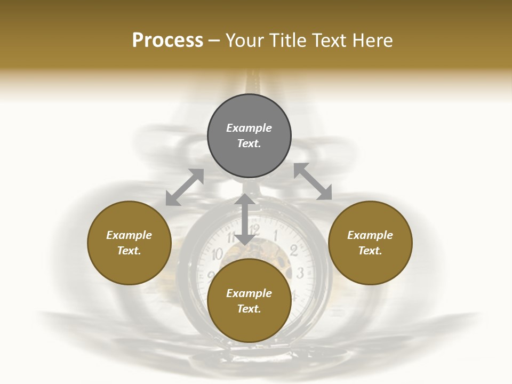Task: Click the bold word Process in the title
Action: tap(167, 41)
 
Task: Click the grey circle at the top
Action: tap(249, 135)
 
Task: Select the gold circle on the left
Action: tap(129, 243)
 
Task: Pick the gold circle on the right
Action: tap(370, 243)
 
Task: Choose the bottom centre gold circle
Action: tap(249, 301)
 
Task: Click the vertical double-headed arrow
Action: tap(244, 219)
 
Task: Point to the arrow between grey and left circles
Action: tap(185, 187)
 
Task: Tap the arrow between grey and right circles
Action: tap(313, 181)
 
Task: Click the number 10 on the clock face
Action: tap(217, 254)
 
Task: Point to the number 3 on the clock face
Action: tap(300, 274)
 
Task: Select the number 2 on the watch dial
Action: tap(293, 250)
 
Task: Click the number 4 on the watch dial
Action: tap(294, 295)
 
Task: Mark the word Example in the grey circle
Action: tap(249, 128)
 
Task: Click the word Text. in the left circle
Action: tap(129, 251)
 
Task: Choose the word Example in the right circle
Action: tap(370, 235)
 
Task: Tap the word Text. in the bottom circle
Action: tap(249, 309)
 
